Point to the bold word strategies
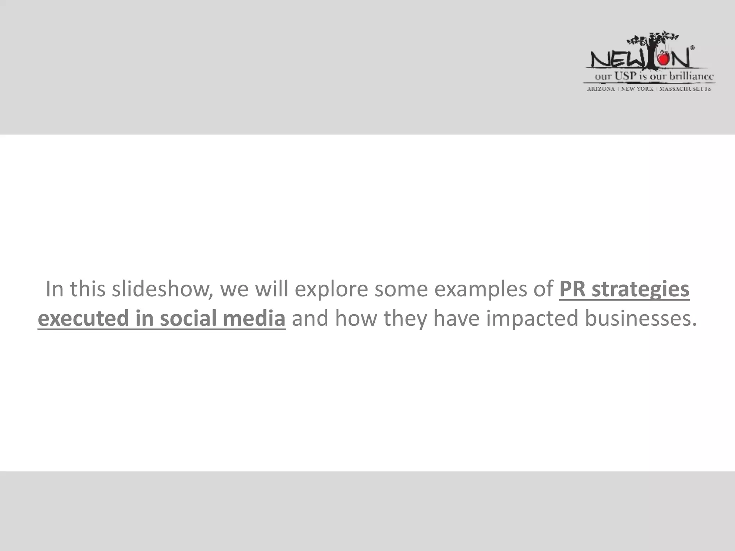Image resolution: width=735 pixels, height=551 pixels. (640, 289)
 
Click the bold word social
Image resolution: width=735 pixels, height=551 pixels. (188, 319)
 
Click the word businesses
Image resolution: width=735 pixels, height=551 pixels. (641, 319)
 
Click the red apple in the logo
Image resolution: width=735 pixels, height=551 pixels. (664, 58)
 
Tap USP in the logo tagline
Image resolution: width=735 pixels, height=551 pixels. (626, 76)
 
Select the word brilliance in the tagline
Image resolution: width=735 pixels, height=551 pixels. (691, 76)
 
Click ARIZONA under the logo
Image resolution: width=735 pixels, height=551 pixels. (601, 89)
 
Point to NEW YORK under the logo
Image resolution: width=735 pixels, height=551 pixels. (637, 89)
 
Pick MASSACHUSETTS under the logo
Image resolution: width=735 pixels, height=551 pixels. (685, 89)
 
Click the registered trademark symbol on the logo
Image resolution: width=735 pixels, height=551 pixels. (692, 47)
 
